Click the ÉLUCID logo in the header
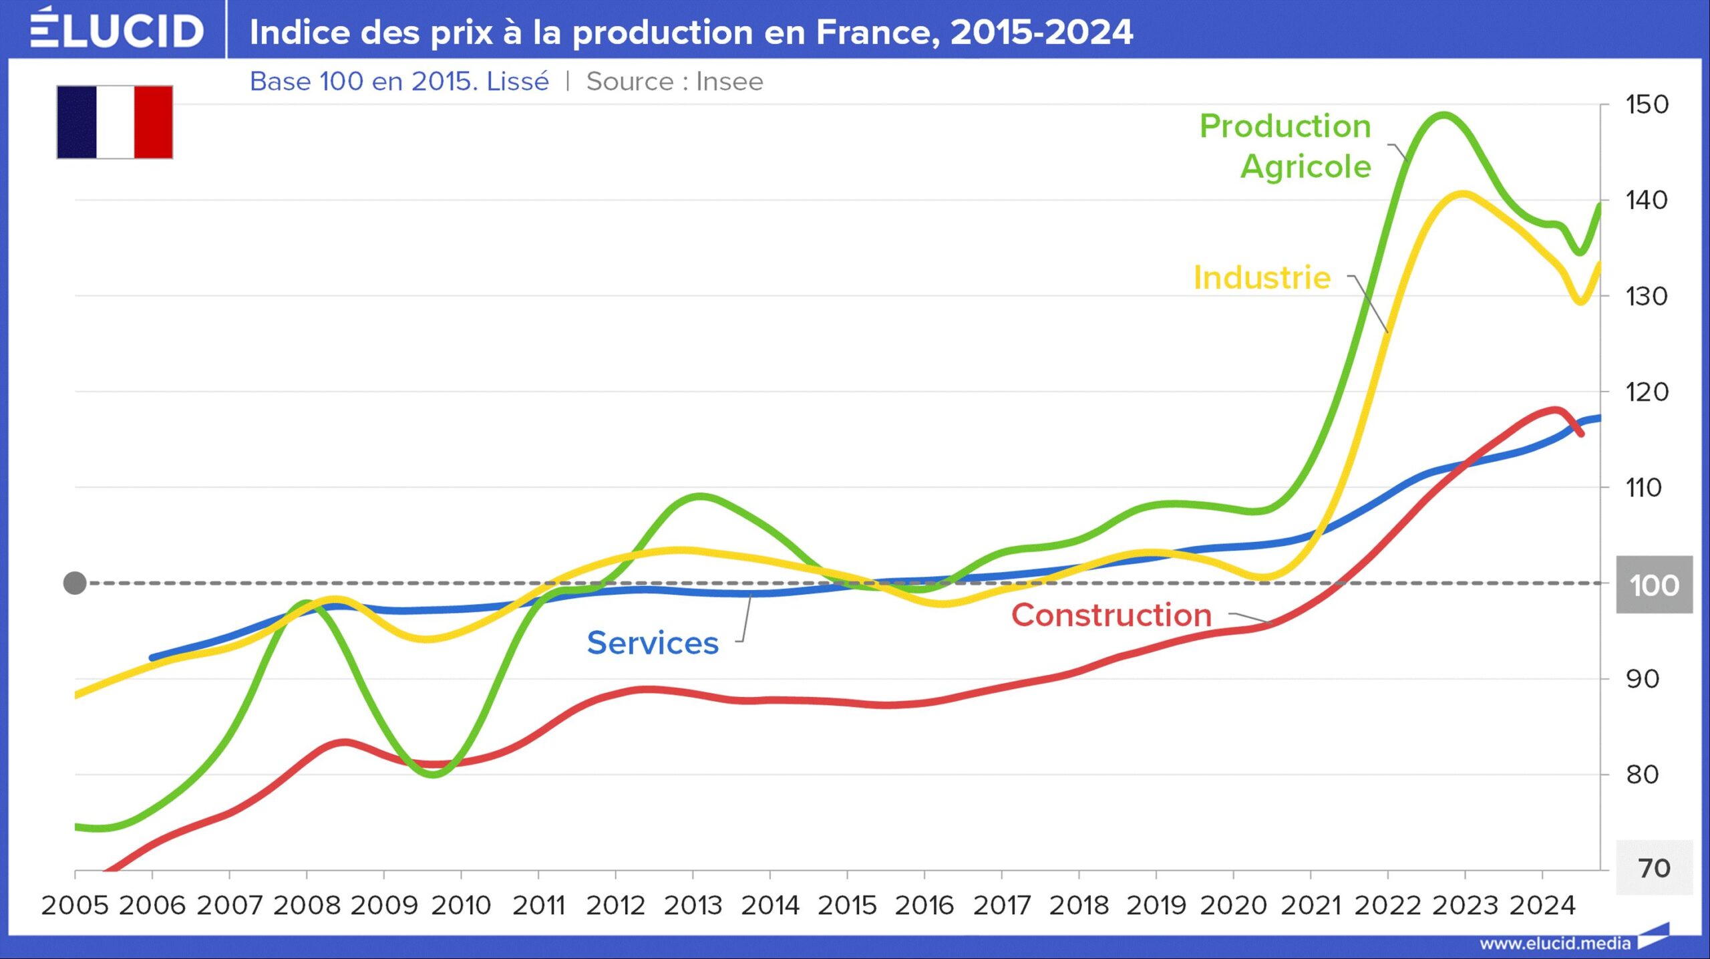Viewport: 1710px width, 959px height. pyautogui.click(x=117, y=30)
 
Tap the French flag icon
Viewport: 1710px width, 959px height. pyautogui.click(x=115, y=122)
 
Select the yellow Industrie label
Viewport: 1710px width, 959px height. pyautogui.click(x=1262, y=277)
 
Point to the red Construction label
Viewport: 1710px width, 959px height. pyautogui.click(x=1111, y=615)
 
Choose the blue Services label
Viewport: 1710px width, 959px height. pyautogui.click(x=653, y=643)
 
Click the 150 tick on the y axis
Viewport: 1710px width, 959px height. pyautogui.click(x=1647, y=105)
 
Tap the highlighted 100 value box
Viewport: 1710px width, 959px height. pyautogui.click(x=1654, y=585)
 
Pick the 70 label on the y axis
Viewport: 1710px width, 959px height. pyautogui.click(x=1654, y=868)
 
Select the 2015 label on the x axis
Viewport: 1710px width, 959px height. pyautogui.click(x=847, y=906)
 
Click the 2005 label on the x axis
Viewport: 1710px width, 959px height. pyautogui.click(x=75, y=906)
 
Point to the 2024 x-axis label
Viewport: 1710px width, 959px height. pyautogui.click(x=1542, y=906)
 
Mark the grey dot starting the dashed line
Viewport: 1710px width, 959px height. pyautogui.click(x=75, y=583)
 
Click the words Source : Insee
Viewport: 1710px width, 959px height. pyautogui.click(x=675, y=82)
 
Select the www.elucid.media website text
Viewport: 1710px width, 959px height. pyautogui.click(x=1555, y=944)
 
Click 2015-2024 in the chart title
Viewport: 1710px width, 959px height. pyautogui.click(x=1041, y=32)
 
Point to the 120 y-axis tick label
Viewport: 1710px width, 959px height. pyautogui.click(x=1647, y=392)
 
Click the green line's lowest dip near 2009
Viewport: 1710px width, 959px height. pyautogui.click(x=433, y=775)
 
